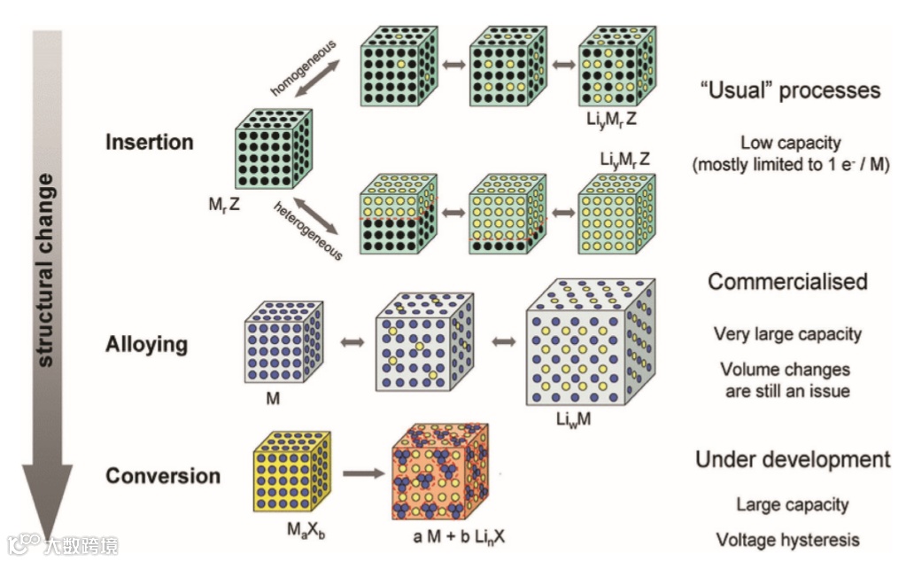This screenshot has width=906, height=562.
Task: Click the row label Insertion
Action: [x=149, y=142]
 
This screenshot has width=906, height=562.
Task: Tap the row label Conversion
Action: [x=163, y=476]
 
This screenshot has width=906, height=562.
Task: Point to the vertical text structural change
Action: [x=45, y=270]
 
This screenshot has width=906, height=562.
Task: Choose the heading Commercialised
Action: [x=787, y=282]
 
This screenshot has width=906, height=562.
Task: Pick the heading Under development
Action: [x=792, y=459]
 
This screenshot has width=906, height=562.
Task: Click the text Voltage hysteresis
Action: [x=787, y=539]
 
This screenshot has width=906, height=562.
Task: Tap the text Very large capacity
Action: [x=787, y=334]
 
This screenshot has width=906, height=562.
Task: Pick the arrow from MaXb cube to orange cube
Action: [x=359, y=474]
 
